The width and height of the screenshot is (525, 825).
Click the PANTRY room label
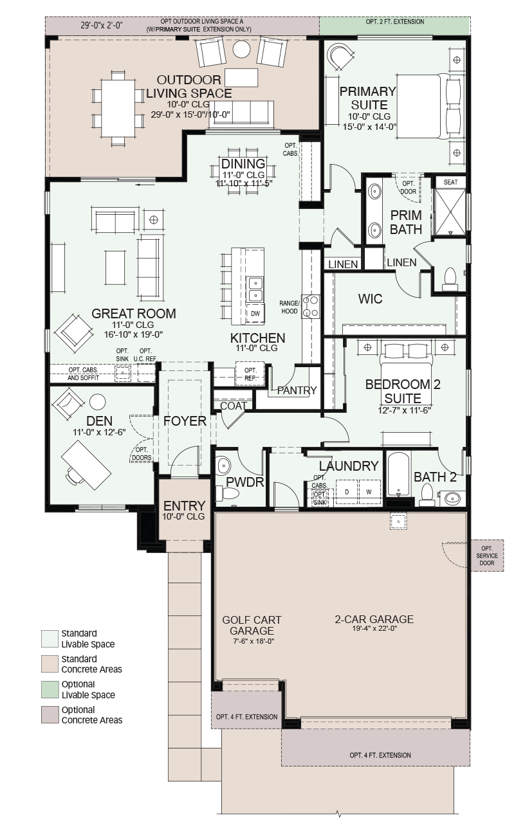pos(297,390)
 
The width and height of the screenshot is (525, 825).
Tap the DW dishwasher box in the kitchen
pos(255,313)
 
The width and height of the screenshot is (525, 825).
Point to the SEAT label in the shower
pos(450,182)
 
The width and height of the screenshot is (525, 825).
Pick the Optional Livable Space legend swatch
pos(50,689)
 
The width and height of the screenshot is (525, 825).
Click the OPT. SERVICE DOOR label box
pos(487,556)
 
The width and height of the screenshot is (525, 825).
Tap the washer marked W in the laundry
pos(369,492)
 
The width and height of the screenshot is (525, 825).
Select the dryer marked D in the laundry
pos(347,492)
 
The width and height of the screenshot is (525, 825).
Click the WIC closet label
pos(370,299)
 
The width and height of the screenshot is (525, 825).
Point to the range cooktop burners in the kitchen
pos(311,306)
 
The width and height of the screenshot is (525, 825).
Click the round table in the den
pos(98,402)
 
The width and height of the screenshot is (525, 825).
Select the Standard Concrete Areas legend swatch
pos(50,664)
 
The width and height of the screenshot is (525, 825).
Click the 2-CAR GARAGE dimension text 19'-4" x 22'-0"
pos(374,628)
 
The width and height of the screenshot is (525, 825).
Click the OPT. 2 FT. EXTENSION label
pos(395,22)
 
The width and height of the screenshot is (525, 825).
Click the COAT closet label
pos(233,406)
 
